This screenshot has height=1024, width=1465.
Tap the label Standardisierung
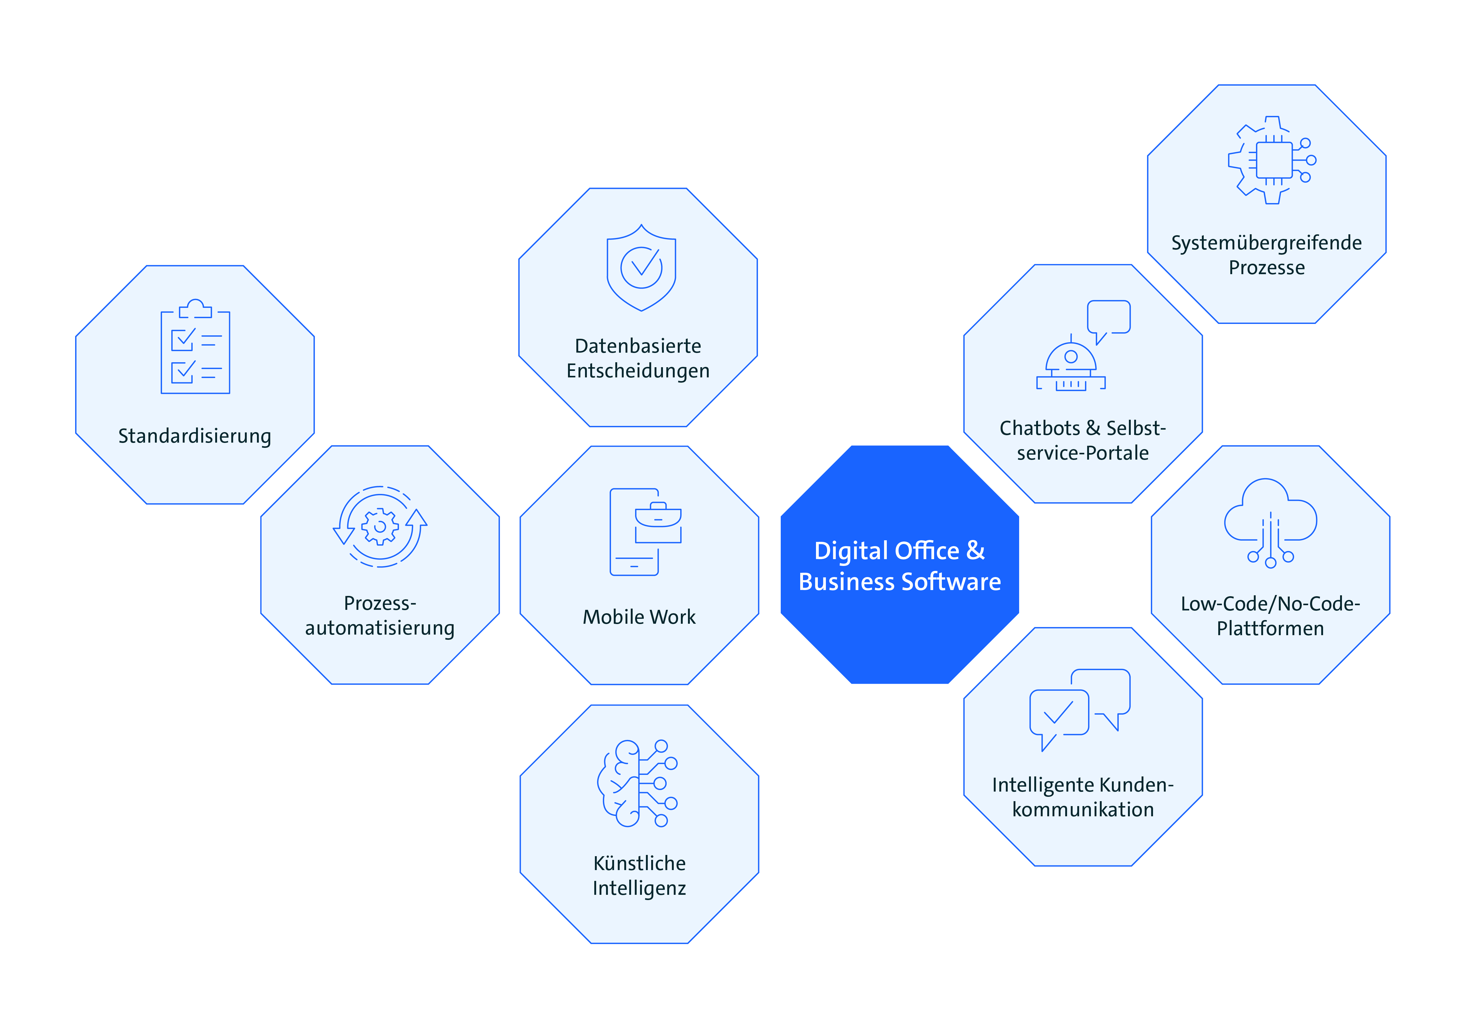pyautogui.click(x=194, y=436)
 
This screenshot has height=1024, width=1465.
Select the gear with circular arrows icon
pyautogui.click(x=380, y=526)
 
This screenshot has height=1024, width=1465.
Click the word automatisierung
pyautogui.click(x=380, y=628)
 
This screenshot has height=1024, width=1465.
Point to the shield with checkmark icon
pyautogui.click(x=641, y=268)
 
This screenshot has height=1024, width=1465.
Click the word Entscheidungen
pyautogui.click(x=638, y=371)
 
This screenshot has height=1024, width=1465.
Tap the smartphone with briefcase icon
pyautogui.click(x=645, y=532)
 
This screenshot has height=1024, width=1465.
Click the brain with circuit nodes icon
pyautogui.click(x=637, y=784)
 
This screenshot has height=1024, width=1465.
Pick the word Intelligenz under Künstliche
pyautogui.click(x=639, y=888)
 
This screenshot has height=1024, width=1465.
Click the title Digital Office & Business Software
pyautogui.click(x=900, y=566)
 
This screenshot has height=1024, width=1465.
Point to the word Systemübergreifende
pyautogui.click(x=1266, y=243)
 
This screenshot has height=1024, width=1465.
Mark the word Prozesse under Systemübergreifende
pyautogui.click(x=1266, y=268)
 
